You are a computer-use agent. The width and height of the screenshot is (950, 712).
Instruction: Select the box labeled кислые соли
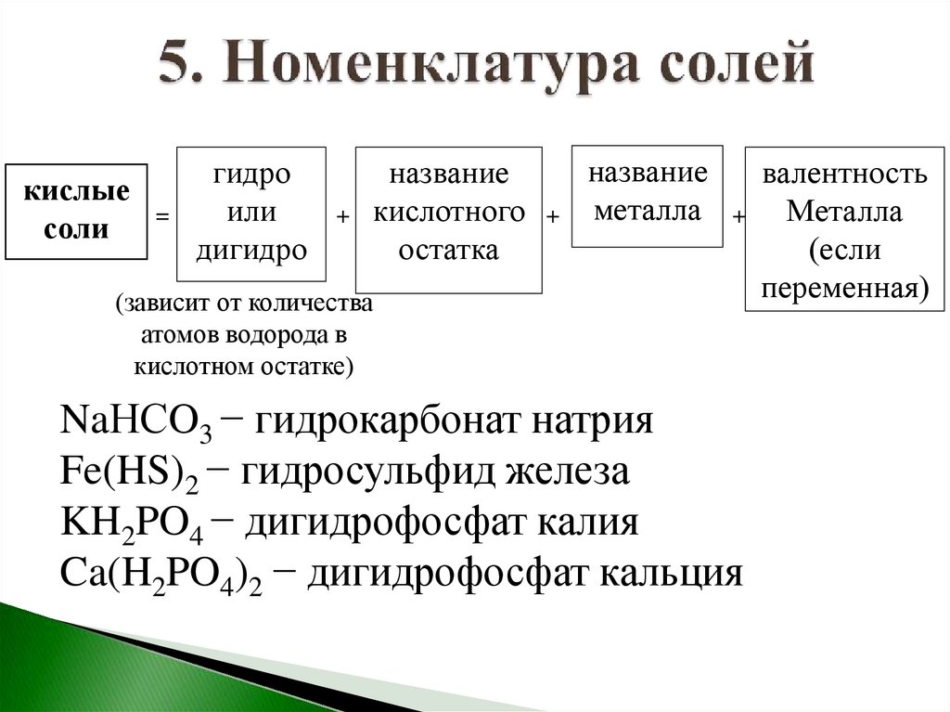pos(76,211)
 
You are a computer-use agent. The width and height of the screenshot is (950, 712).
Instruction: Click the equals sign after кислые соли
pos(162,216)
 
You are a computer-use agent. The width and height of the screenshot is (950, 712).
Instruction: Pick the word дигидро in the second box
pos(251,250)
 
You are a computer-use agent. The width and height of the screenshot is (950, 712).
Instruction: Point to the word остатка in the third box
pos(450,250)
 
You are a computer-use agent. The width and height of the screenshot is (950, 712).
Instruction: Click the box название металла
pos(648,196)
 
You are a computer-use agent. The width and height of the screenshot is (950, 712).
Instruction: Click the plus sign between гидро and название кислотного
pos(341,216)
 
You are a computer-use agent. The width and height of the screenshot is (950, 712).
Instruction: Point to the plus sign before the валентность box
pos(739,216)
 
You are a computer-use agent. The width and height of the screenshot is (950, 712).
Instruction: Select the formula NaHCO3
pos(135,421)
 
